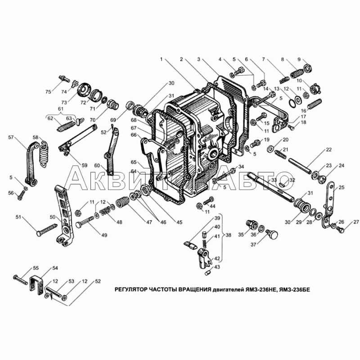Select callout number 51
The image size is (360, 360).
pos(18,217)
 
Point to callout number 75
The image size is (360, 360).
pos(48,92)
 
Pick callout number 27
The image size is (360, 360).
pos(356,222)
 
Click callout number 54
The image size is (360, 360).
pos(55,268)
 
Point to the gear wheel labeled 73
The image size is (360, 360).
pos(83,89)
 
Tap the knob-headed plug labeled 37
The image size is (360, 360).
pos(273,234)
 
